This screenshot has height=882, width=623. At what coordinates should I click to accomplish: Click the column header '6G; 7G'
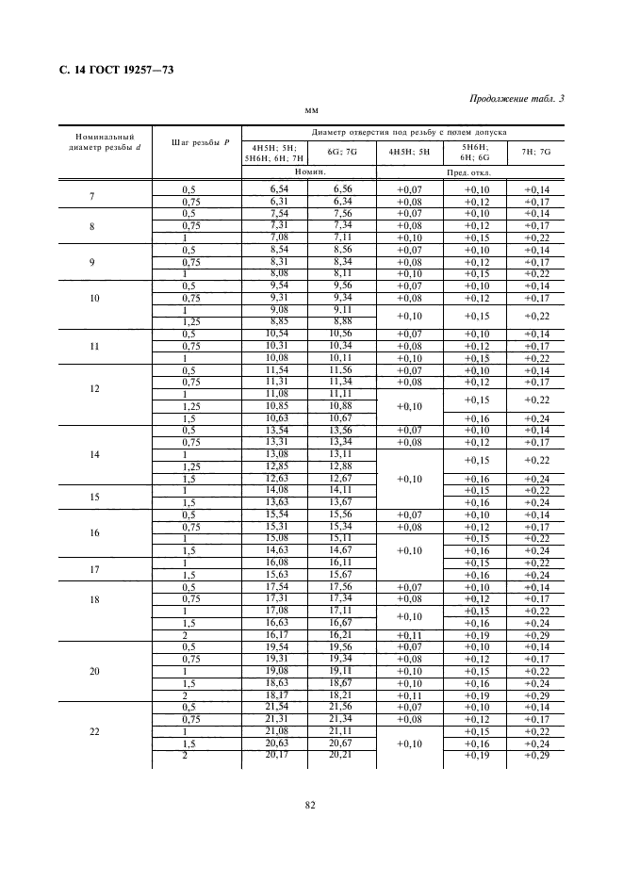(341, 152)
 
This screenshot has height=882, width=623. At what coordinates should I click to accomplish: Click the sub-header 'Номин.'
(309, 172)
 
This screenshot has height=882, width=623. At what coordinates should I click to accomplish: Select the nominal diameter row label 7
(92, 196)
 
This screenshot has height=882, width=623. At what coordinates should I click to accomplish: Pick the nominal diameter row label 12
(92, 388)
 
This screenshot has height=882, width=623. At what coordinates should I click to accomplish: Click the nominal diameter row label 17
(92, 568)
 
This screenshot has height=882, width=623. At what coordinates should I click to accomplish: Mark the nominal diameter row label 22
(92, 731)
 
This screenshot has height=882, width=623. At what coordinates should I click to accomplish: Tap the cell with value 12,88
(341, 465)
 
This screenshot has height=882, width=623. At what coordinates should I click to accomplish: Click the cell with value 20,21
(341, 755)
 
